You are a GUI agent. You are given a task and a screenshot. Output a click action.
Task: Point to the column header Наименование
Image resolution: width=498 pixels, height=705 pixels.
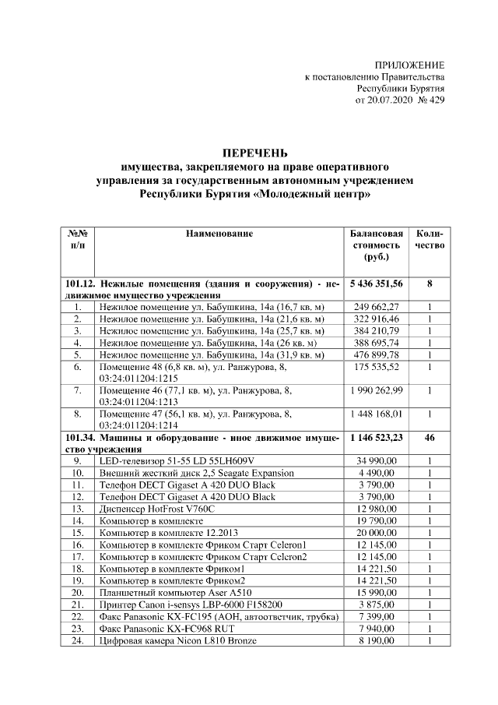(x=219, y=234)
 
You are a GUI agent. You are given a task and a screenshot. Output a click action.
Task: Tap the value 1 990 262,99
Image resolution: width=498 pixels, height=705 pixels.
(x=377, y=390)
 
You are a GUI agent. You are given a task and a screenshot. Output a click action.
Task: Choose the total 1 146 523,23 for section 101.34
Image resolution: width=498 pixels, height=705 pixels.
(x=377, y=438)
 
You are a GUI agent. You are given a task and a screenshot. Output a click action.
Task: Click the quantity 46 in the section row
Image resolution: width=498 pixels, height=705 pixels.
(x=429, y=438)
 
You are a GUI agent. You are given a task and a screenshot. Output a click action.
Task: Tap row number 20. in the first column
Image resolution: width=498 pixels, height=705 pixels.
(x=78, y=592)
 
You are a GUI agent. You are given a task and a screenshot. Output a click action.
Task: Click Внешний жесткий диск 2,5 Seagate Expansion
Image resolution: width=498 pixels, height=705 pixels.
(x=195, y=473)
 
